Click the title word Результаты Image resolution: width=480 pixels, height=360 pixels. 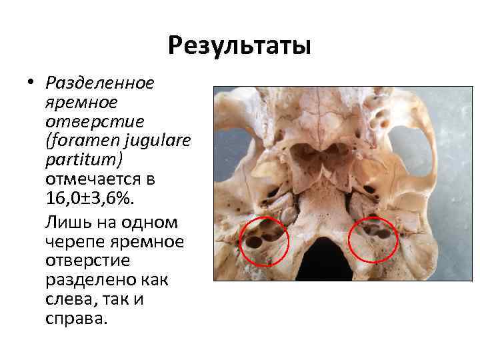pos(239,46)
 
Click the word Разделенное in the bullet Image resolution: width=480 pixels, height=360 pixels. pos(100,83)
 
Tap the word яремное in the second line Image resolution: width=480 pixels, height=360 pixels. pos(81,103)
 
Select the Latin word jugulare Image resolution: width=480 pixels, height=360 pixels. pos(155,141)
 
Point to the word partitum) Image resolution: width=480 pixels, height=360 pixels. pos(75,161)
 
